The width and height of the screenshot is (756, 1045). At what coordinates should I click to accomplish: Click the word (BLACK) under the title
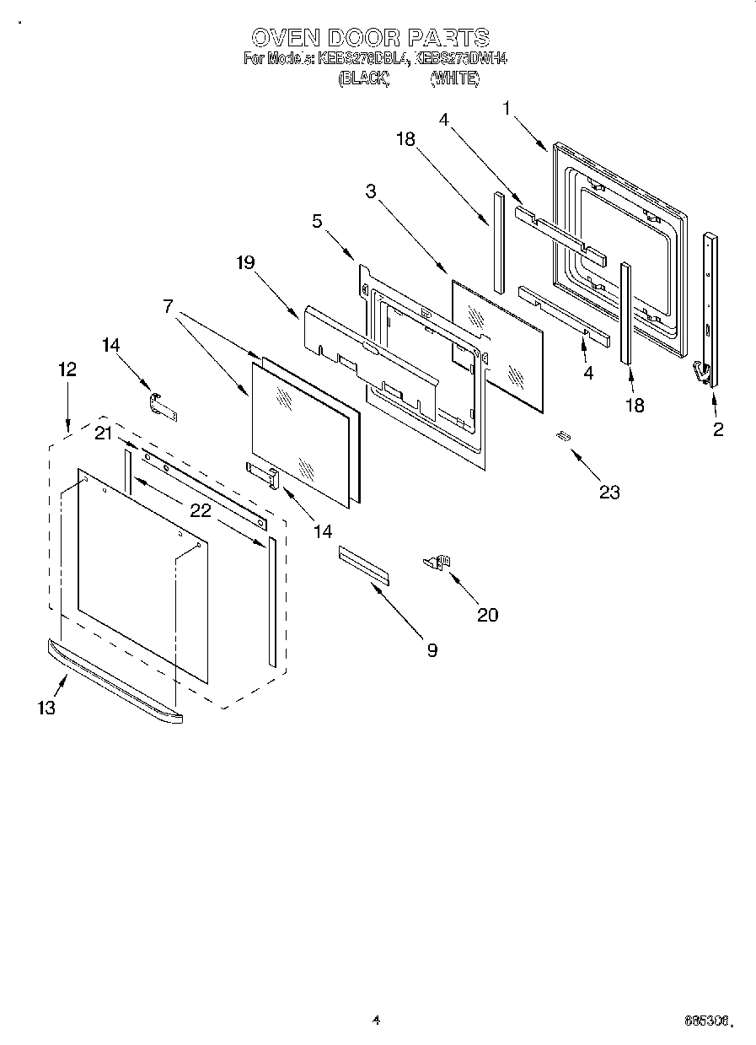point(363,78)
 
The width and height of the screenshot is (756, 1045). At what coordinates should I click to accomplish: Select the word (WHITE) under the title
point(454,78)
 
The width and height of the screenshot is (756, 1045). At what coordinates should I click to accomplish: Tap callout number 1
point(507,108)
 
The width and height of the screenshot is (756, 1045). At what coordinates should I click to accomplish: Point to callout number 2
point(718,429)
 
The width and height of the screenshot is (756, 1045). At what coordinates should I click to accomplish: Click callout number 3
point(370,191)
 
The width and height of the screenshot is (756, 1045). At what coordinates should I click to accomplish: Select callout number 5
point(317,221)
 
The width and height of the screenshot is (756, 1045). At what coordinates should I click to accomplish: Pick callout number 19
point(244,262)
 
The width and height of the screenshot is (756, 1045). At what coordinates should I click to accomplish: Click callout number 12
point(67,369)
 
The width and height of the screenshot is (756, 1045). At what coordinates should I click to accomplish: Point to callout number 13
point(46,708)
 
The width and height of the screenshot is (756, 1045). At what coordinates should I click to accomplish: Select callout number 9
point(432,649)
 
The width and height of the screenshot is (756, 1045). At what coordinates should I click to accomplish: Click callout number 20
point(487,615)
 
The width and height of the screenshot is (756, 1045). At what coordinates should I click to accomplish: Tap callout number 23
point(609,493)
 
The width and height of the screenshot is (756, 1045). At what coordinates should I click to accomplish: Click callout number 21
point(103,434)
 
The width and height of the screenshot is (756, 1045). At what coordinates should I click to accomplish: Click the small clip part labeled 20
point(438,561)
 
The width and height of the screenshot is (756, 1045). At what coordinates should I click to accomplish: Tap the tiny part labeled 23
point(562,435)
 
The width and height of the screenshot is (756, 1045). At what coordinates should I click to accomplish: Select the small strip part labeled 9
point(364,564)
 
